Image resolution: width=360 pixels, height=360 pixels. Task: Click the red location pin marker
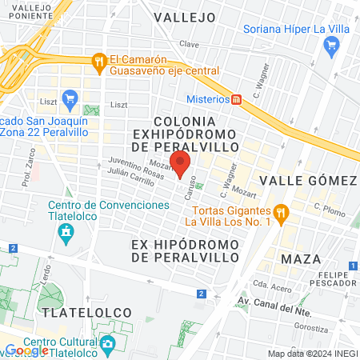(181, 163)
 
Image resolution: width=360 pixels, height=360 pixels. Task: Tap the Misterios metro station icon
(237, 99)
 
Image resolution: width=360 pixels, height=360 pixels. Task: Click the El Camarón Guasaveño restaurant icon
(99, 59)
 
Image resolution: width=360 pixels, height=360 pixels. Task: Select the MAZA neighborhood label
(301, 259)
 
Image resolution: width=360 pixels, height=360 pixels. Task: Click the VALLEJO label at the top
(185, 17)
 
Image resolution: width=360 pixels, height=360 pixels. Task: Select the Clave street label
(189, 44)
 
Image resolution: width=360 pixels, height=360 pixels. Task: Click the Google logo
(26, 350)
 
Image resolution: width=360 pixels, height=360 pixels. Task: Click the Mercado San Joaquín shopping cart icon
(70, 100)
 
